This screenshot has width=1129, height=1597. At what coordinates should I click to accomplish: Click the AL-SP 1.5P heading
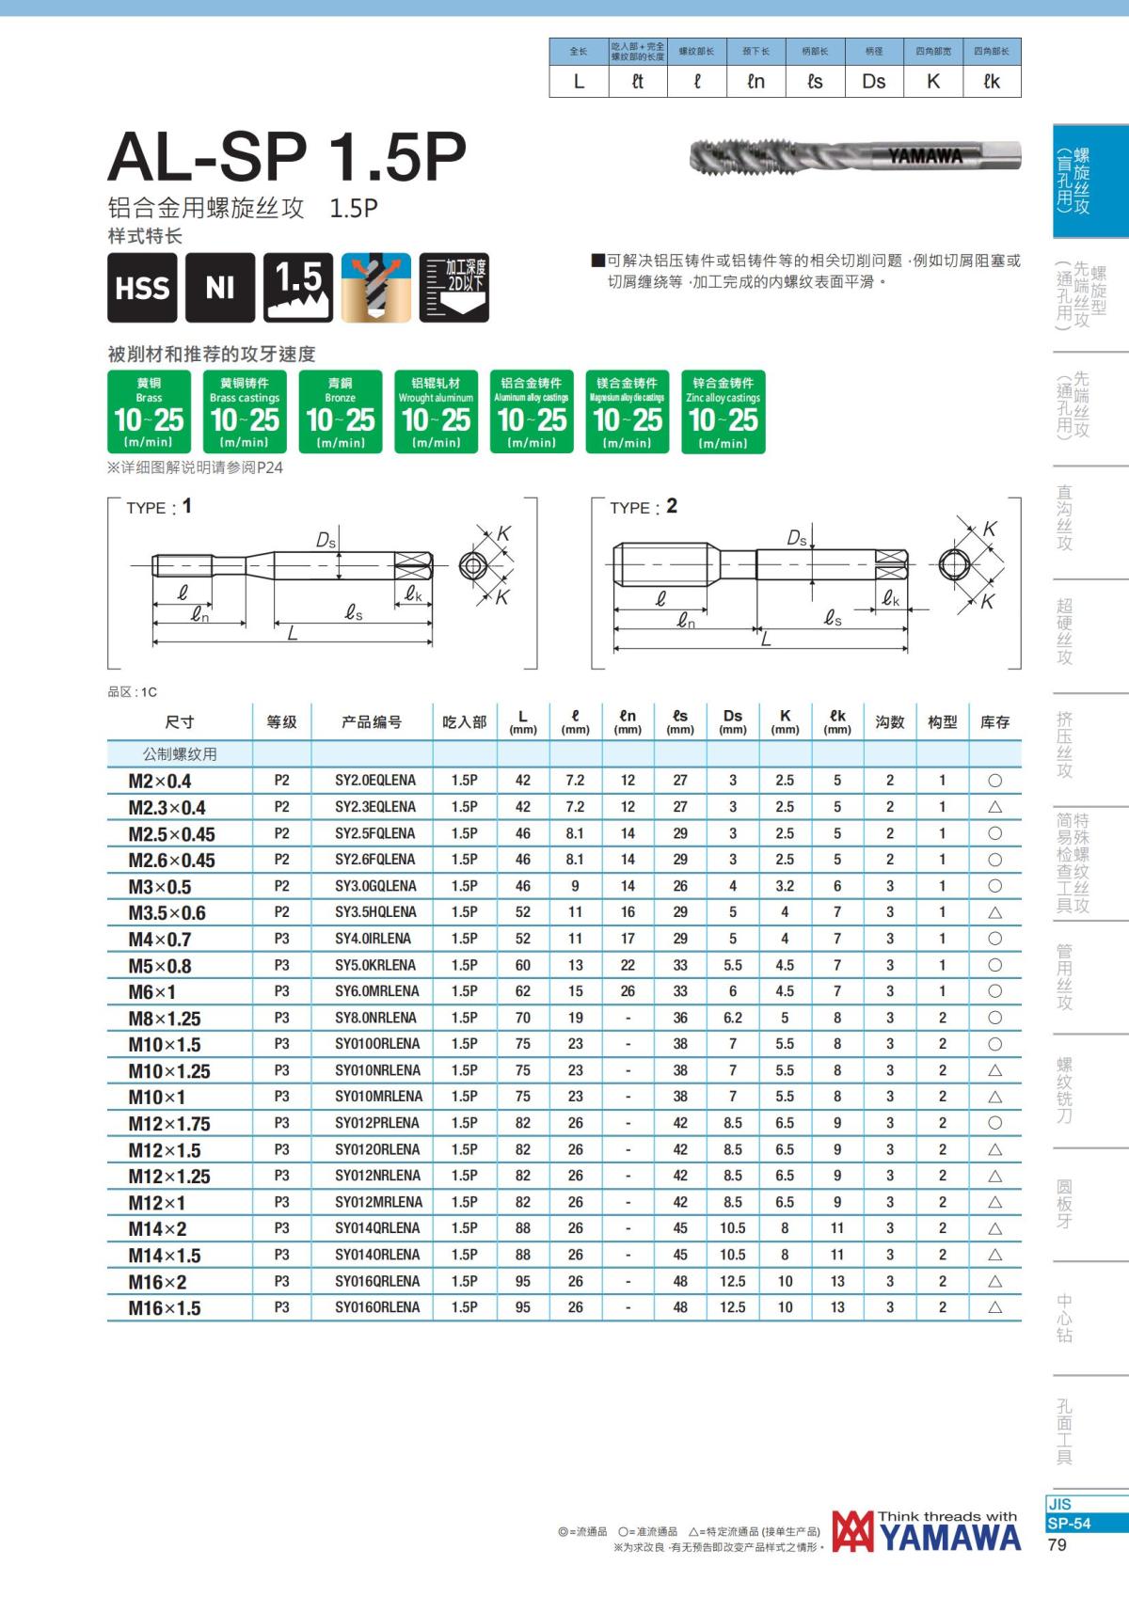tap(287, 157)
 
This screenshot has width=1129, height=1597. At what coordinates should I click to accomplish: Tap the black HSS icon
tap(142, 288)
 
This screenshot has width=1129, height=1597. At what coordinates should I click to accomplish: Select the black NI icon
tap(220, 288)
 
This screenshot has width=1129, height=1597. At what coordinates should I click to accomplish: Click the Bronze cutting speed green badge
tap(341, 412)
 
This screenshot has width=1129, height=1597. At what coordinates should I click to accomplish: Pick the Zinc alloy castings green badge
tap(723, 412)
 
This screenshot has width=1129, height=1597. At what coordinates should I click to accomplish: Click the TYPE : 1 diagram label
tap(159, 507)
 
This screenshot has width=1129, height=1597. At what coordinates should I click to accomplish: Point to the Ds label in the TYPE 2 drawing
tap(797, 537)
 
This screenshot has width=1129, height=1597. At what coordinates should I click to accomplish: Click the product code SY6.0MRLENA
tap(376, 991)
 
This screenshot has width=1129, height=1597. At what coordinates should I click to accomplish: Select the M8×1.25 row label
tap(165, 1019)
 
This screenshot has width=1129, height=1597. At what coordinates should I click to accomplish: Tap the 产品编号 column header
tap(371, 722)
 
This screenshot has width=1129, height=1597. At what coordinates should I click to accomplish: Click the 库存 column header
tap(994, 722)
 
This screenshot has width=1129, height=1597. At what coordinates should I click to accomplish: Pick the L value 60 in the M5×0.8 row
tap(522, 965)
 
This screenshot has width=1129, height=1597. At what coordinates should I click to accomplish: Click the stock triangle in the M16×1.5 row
tap(994, 1307)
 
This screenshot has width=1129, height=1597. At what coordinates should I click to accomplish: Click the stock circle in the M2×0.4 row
tap(994, 781)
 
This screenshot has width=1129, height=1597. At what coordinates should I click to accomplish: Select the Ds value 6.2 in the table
tap(732, 1018)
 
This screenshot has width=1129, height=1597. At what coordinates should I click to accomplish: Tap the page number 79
tap(1057, 1545)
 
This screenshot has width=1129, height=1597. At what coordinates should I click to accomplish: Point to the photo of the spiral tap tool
tap(854, 156)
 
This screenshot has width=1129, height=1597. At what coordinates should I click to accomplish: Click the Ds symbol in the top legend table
tap(873, 82)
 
